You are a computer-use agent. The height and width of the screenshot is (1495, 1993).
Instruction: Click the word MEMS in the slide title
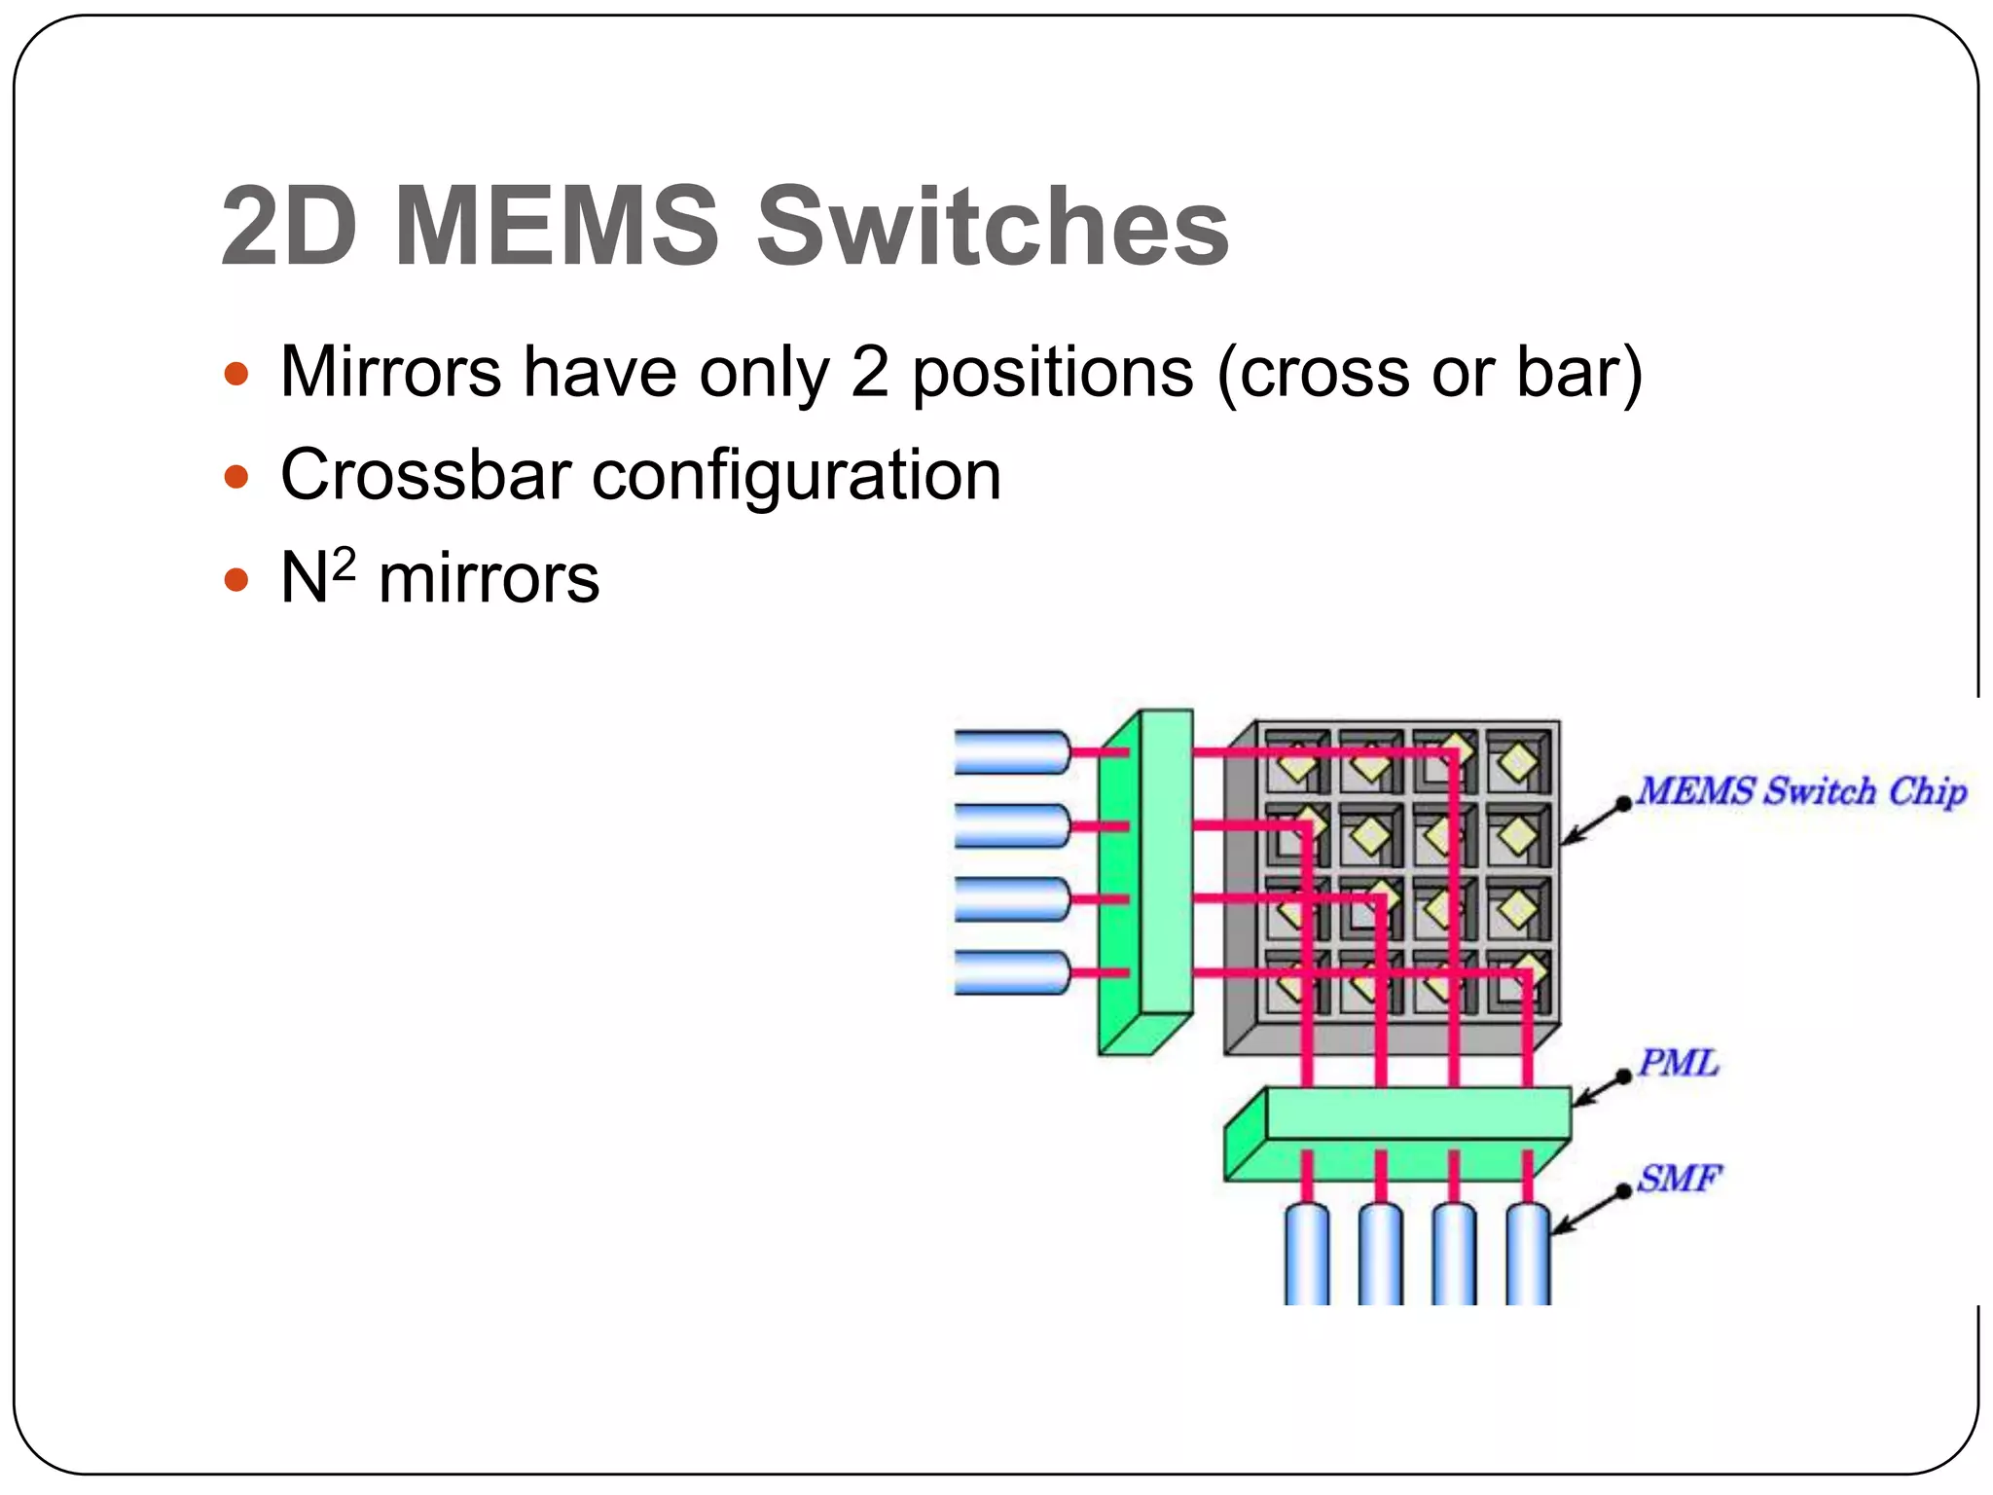[x=557, y=226]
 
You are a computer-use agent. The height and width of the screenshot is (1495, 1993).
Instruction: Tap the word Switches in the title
[x=993, y=226]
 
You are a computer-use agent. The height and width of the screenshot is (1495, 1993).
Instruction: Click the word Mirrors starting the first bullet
[x=390, y=372]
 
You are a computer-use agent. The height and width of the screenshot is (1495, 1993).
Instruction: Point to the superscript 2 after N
[x=344, y=563]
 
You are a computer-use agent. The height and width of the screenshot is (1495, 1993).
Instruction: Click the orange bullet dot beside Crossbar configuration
[x=236, y=477]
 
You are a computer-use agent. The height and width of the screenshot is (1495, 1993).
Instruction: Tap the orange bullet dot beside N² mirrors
[x=236, y=580]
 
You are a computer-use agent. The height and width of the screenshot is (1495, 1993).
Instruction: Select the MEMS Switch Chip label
[x=1801, y=790]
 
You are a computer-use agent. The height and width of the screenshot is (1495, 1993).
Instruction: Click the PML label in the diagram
[x=1678, y=1062]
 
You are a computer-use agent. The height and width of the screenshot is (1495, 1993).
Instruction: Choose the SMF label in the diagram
[x=1679, y=1179]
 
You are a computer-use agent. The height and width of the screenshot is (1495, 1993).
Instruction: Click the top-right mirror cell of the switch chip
[x=1518, y=761]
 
